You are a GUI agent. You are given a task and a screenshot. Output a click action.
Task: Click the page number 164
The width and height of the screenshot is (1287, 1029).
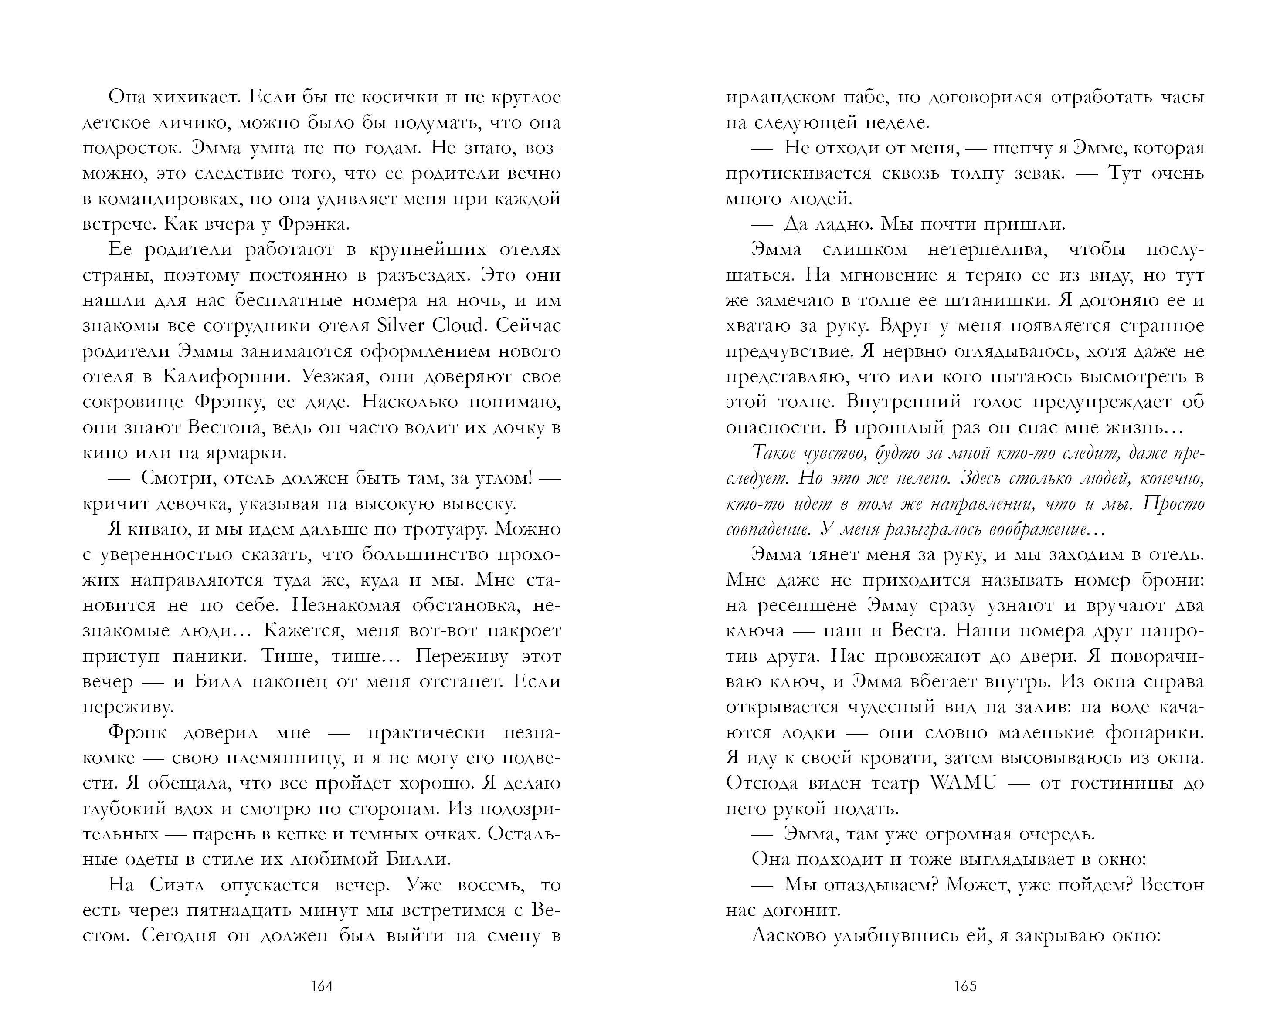point(322,986)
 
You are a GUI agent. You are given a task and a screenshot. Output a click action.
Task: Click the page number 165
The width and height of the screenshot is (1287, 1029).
point(965,986)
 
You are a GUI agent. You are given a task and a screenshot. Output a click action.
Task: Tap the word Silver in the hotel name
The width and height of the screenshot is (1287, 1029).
point(401,326)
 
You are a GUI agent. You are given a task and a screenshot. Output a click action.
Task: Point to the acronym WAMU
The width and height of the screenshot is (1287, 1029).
point(963,783)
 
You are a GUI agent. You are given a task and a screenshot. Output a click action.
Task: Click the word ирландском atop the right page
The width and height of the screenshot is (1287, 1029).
point(778,97)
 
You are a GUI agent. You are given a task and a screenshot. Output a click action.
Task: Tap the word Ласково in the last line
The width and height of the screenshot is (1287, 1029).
point(790,936)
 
